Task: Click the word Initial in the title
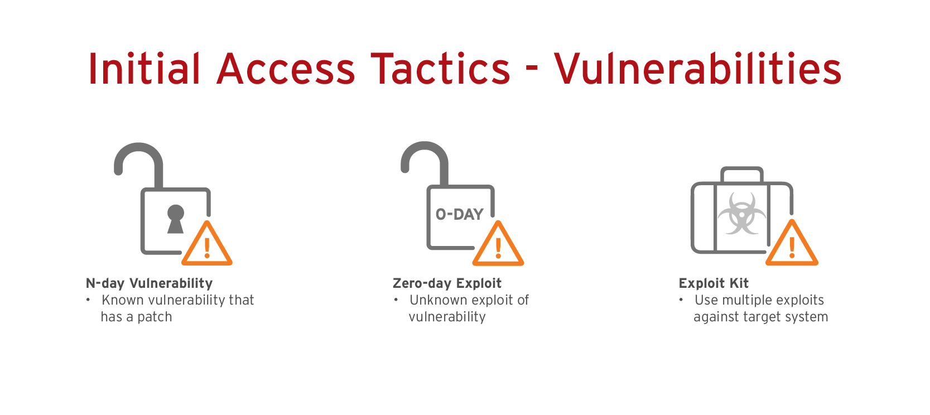tap(144, 69)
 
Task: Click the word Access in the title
tap(286, 69)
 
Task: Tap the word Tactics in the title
tap(440, 69)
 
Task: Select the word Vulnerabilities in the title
tap(697, 69)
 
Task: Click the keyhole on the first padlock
tap(176, 219)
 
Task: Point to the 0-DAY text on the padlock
tap(459, 214)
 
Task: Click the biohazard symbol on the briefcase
tap(742, 213)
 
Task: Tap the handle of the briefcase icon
tap(742, 174)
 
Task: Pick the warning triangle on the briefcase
tap(792, 243)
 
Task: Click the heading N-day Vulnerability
tap(149, 283)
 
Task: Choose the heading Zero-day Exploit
tap(447, 283)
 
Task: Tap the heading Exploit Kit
tap(714, 283)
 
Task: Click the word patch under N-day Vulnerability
tap(155, 317)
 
